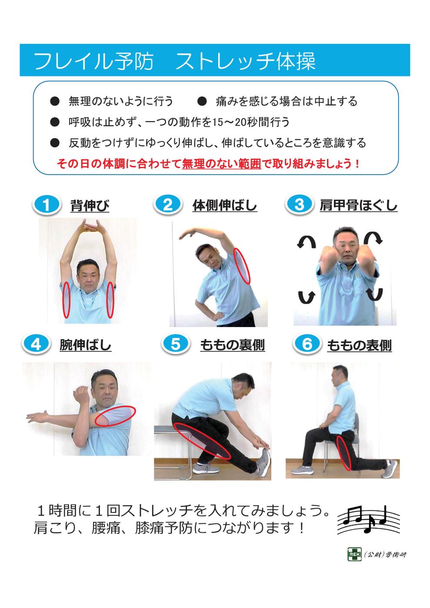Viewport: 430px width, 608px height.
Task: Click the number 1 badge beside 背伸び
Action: pyautogui.click(x=46, y=205)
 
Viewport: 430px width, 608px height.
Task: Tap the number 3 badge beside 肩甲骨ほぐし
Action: pyautogui.click(x=299, y=205)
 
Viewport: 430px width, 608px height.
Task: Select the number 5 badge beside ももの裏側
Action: pyautogui.click(x=175, y=344)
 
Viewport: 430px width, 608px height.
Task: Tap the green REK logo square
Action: pyautogui.click(x=352, y=555)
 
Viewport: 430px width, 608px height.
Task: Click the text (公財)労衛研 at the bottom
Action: pyautogui.click(x=385, y=555)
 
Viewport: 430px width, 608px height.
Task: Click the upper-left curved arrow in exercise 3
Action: pyautogui.click(x=306, y=242)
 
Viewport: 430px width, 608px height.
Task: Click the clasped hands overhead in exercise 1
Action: pyautogui.click(x=91, y=226)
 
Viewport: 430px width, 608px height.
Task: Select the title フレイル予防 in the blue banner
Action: pyautogui.click(x=93, y=61)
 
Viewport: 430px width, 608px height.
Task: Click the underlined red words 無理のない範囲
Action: pyautogui.click(x=221, y=165)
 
